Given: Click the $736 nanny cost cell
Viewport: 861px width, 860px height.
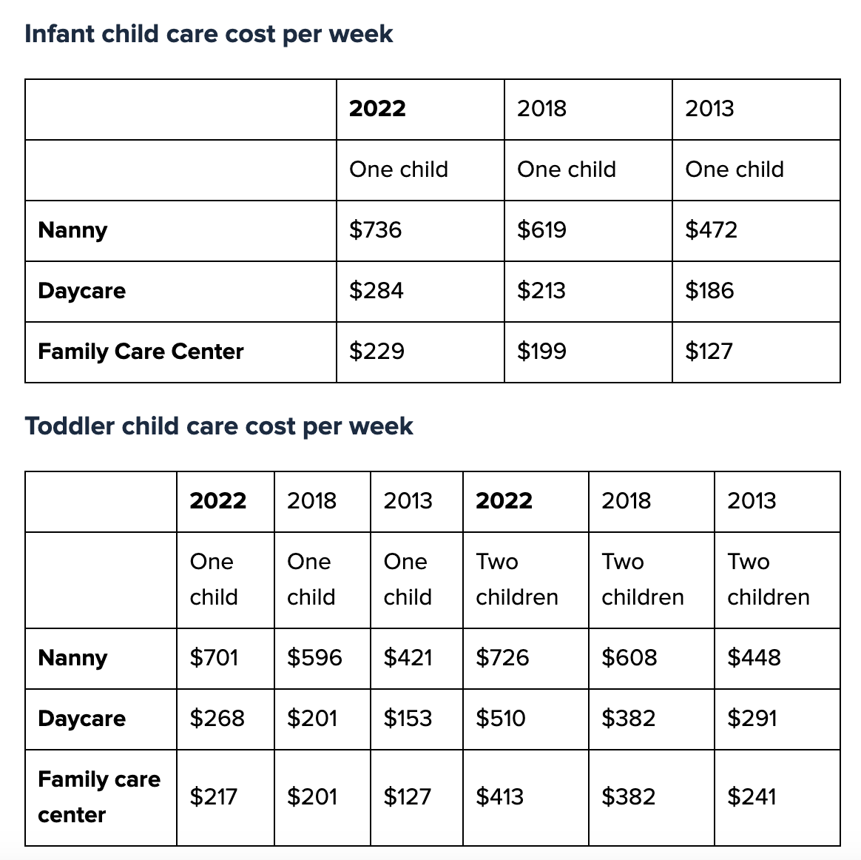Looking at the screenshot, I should [376, 230].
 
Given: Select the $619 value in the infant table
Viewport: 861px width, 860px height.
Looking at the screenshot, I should [541, 230].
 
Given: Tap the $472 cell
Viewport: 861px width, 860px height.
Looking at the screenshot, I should [711, 230].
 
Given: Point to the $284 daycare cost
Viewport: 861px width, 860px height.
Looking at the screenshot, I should [377, 291].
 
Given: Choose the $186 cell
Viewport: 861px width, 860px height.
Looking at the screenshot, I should [709, 291].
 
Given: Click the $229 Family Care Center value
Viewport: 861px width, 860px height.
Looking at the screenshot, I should [377, 352].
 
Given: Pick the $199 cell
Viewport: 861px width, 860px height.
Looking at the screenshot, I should [541, 352].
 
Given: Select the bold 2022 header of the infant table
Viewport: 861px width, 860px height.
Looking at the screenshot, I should [377, 109].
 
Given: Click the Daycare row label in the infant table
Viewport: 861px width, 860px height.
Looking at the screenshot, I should [81, 291].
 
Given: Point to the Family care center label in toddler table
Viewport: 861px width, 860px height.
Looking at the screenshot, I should [98, 797].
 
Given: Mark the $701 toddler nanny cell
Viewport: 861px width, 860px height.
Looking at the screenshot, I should [214, 658].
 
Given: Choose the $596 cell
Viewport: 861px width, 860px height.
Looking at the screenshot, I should [314, 658].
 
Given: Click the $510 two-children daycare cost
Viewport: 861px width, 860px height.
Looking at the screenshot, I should [501, 719].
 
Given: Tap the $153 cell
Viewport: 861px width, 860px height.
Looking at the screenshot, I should [408, 719].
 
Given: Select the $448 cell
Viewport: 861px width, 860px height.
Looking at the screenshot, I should [754, 658].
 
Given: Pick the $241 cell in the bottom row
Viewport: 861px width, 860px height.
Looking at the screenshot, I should [752, 797].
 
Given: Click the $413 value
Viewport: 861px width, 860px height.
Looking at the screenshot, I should [499, 797].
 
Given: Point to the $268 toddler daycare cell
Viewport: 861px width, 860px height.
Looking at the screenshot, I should [217, 719].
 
